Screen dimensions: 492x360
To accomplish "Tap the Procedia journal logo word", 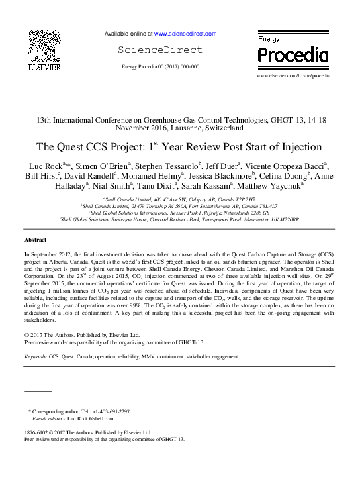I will click(x=292, y=54).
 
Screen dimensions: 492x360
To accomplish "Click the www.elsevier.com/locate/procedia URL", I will click(x=292, y=77).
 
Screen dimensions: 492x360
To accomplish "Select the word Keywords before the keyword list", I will click(x=35, y=356).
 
